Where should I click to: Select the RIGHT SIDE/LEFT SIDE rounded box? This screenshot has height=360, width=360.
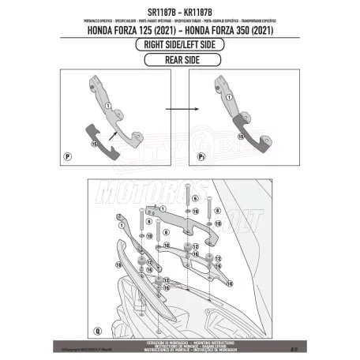click(x=181, y=45)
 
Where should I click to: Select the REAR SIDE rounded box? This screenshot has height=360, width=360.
click(x=181, y=59)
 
